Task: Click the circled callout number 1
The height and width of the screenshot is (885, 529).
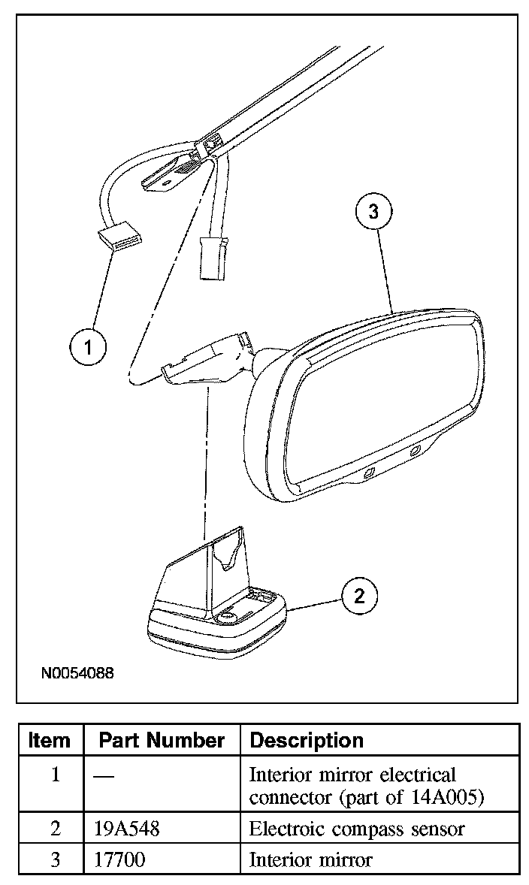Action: coord(88,347)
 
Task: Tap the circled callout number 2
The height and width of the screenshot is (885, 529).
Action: coord(358,597)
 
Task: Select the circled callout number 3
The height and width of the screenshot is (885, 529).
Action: coord(373,212)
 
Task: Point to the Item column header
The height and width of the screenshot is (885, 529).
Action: coord(49,740)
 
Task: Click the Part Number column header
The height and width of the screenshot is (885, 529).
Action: coord(162,740)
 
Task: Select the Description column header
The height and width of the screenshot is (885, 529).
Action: coord(307,740)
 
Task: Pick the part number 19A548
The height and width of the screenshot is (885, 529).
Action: coord(127,829)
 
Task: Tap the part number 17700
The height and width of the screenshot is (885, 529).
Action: coord(120,859)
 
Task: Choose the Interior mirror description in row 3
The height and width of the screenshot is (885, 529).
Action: coord(310,859)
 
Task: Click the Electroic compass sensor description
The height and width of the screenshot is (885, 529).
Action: coord(357,829)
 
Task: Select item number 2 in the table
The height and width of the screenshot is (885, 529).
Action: coord(54,829)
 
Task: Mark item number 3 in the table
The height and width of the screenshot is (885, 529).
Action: coord(54,859)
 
